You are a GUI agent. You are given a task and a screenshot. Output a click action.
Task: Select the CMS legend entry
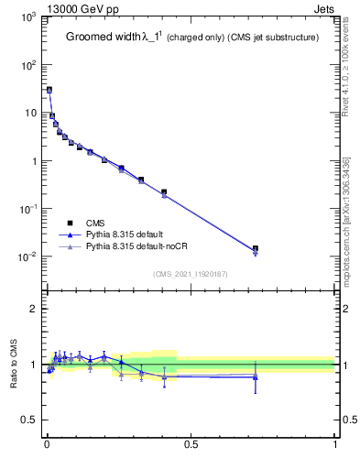pos(96,223)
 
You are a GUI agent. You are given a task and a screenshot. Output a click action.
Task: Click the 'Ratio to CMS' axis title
pos(15,365)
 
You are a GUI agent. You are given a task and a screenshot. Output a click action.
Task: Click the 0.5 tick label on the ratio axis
pos(29,420)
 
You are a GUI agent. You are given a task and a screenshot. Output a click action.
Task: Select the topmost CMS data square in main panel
pos(49,90)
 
